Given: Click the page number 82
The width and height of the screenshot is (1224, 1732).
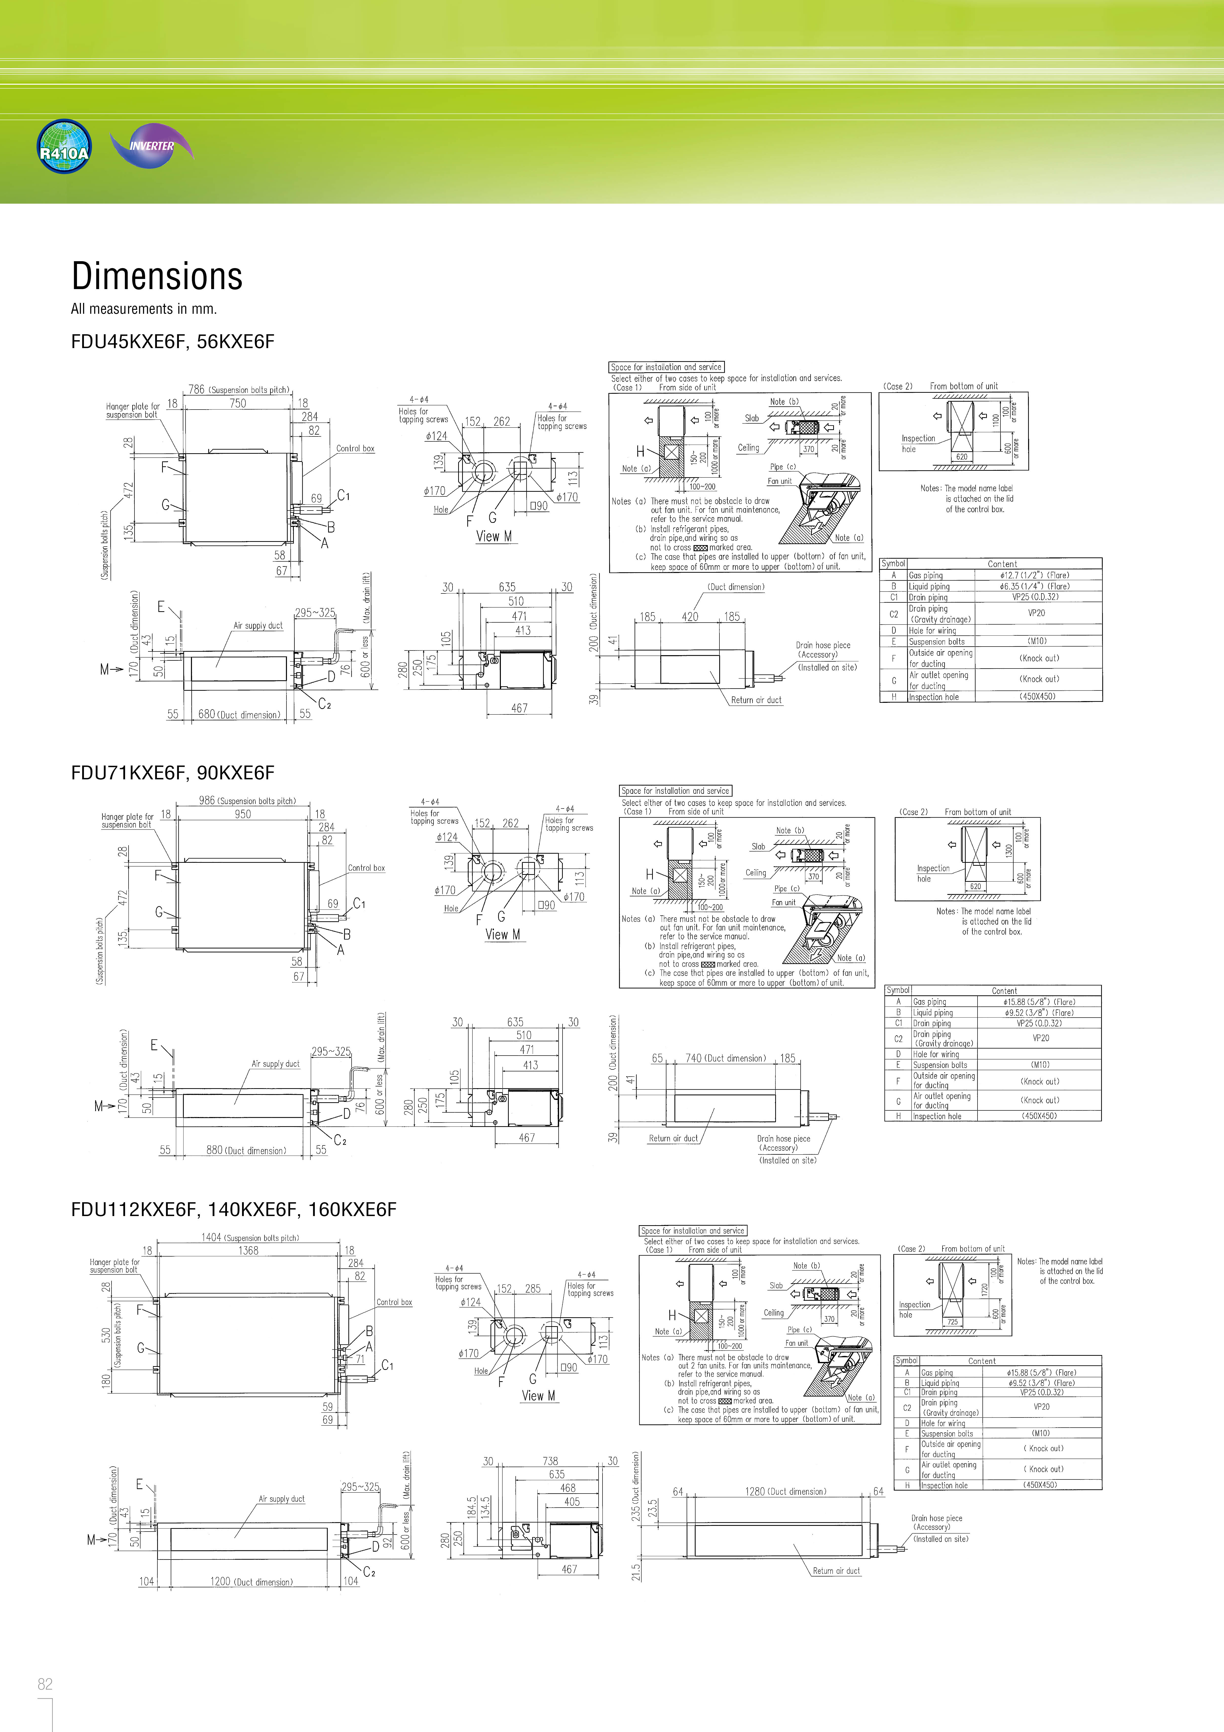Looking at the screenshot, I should click(x=45, y=1684).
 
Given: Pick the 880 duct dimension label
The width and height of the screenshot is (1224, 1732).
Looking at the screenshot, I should click(x=246, y=1150).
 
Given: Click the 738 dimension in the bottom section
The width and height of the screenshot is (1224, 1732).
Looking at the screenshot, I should click(x=550, y=1461).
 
